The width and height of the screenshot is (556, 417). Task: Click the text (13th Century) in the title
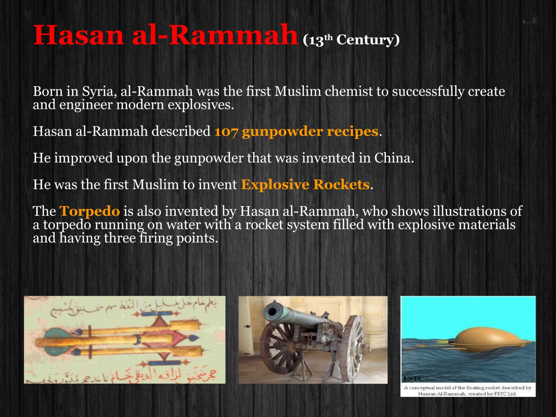tap(351, 40)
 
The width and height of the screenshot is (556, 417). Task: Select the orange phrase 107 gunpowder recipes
tap(296, 131)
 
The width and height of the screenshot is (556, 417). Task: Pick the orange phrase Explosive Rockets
tap(305, 185)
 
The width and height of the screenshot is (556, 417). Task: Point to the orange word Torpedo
tap(90, 211)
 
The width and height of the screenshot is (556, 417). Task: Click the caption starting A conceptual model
tap(468, 391)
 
